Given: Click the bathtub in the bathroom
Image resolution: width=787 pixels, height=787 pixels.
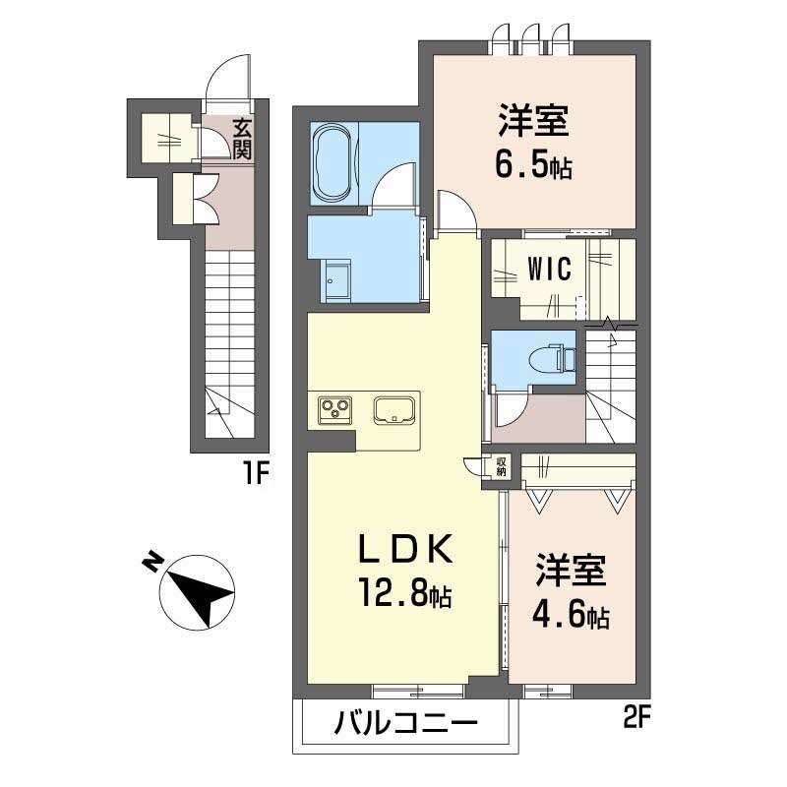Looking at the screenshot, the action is [332, 162].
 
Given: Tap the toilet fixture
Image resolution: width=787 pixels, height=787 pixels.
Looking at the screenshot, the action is [553, 358].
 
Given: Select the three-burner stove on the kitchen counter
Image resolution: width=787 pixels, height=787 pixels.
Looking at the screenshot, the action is [334, 409].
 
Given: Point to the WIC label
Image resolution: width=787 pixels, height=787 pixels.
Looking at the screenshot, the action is [550, 269].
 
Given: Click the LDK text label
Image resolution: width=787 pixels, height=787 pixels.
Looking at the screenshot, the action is [404, 550].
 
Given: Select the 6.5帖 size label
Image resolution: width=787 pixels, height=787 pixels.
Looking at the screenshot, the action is [533, 166].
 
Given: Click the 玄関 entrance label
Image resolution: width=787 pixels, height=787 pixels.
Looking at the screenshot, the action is [242, 140].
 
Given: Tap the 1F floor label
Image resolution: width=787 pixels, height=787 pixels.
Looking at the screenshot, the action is [257, 474].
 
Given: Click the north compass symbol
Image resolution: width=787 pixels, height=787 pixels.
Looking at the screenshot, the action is [198, 592].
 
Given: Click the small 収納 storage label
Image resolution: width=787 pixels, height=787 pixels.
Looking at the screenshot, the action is [502, 466].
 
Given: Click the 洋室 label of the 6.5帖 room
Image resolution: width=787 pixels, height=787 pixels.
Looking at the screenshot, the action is [533, 120].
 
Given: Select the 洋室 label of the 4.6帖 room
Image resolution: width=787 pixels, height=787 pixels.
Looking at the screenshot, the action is [571, 571].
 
